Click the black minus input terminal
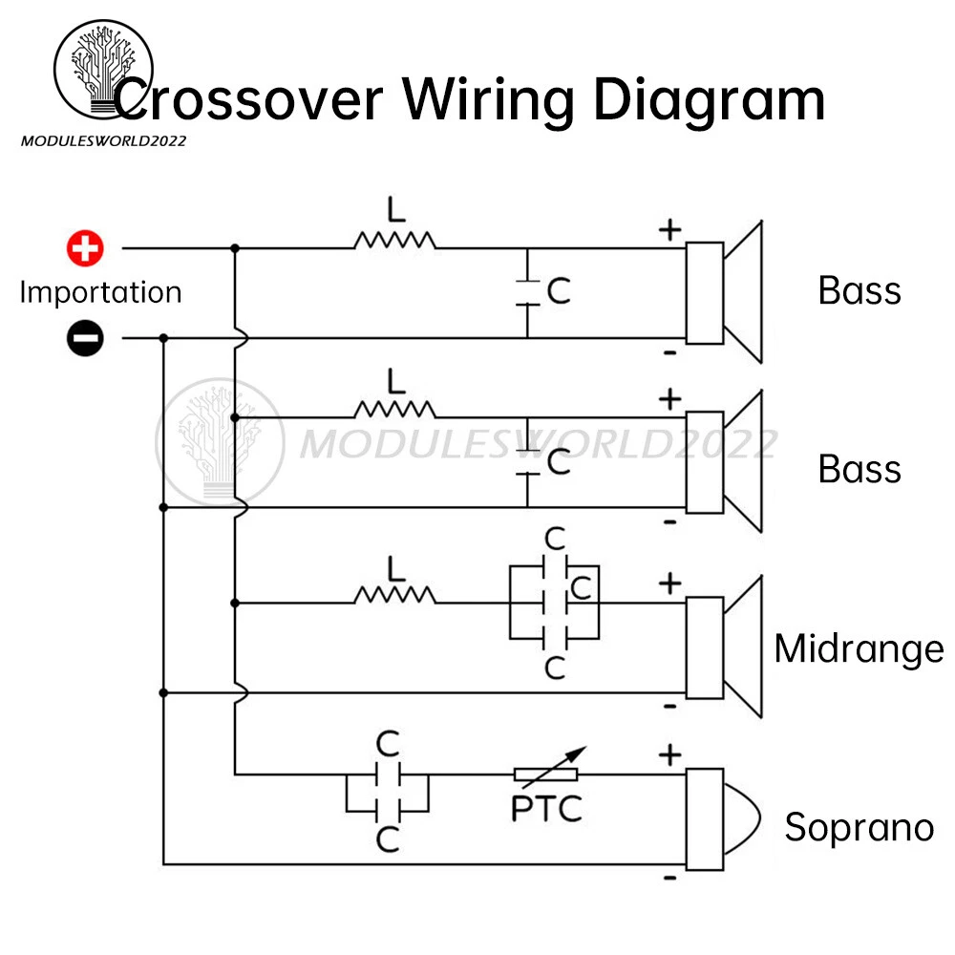(x=85, y=338)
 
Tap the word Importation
(x=100, y=292)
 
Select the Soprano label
(x=859, y=827)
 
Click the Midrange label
(x=859, y=648)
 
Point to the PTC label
(x=546, y=809)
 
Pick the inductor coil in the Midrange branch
(x=394, y=595)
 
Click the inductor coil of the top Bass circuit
(x=394, y=239)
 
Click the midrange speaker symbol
(x=726, y=647)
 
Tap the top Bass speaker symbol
(x=726, y=292)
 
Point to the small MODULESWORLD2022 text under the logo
(x=103, y=140)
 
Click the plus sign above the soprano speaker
(x=670, y=755)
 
